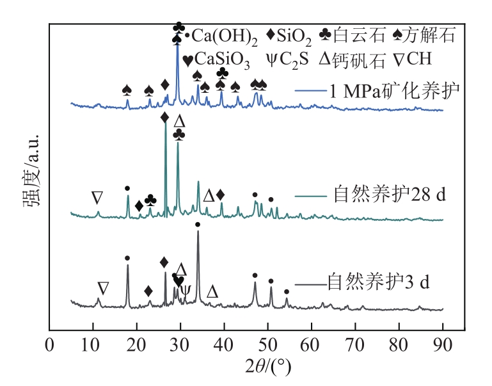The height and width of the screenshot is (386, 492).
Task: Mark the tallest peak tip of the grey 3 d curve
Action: pos(198,232)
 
